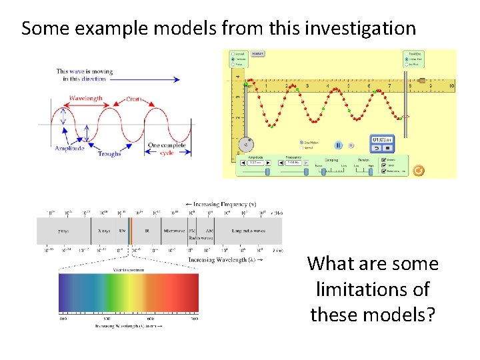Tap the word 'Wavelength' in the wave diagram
coord(86,99)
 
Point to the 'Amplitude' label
coord(70,149)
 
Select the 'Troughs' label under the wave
coord(109,154)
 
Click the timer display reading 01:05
coord(381,139)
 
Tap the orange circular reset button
coord(418,170)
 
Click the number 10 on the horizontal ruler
coord(451,86)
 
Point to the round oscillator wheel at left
coord(246,143)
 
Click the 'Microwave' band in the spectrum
coord(175,230)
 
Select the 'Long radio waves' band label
coord(249,230)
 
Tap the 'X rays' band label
coord(104,230)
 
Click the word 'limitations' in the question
coord(373,289)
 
